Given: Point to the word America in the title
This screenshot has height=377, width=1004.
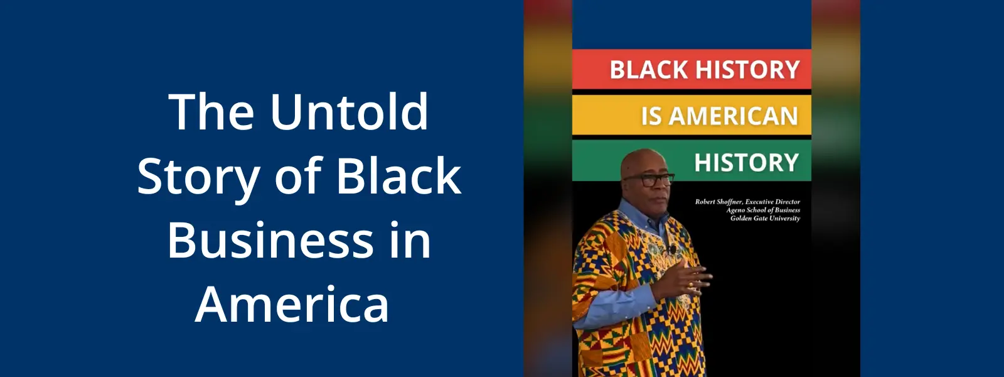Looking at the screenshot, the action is pyautogui.click(x=292, y=303).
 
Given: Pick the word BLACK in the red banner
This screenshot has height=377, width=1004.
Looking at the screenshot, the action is pyautogui.click(x=649, y=70).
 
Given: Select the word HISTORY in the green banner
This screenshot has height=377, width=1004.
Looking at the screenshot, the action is pyautogui.click(x=747, y=162).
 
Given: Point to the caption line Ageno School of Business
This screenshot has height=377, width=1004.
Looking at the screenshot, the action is pyautogui.click(x=763, y=210).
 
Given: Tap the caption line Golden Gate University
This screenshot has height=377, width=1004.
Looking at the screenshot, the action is pyautogui.click(x=765, y=219).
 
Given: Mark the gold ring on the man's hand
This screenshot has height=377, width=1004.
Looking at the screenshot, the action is pyautogui.click(x=690, y=284).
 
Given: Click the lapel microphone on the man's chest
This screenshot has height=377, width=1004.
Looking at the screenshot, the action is pyautogui.click(x=672, y=248).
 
